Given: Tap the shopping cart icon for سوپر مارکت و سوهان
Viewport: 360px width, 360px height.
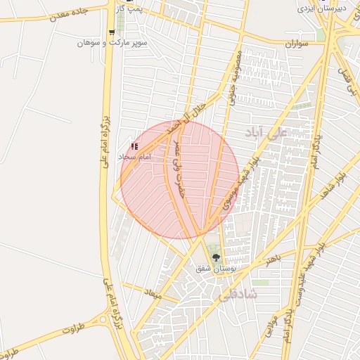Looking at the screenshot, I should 112,32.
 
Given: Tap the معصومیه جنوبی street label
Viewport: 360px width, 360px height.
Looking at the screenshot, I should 235,77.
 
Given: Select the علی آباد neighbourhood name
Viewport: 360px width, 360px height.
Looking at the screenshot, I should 266,131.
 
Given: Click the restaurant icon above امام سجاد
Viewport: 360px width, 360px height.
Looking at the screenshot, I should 134,146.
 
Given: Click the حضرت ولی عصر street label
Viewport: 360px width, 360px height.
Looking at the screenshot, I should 179,168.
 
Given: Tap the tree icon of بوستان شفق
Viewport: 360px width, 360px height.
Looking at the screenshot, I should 216,258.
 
